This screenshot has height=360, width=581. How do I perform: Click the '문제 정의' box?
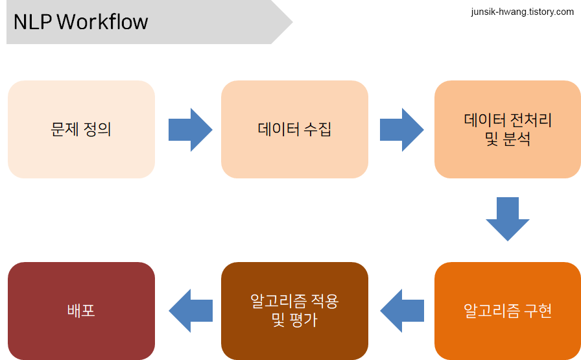pyautogui.click(x=81, y=129)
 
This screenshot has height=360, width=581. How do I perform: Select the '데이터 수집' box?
pyautogui.click(x=294, y=129)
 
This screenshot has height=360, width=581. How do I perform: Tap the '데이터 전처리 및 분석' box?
pyautogui.click(x=507, y=129)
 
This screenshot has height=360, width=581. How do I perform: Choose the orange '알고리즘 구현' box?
pyautogui.click(x=507, y=311)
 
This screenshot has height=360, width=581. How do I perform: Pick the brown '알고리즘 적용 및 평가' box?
pyautogui.click(x=294, y=311)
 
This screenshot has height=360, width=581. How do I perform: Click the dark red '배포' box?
pyautogui.click(x=81, y=311)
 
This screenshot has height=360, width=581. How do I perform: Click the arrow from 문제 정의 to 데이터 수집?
pyautogui.click(x=191, y=130)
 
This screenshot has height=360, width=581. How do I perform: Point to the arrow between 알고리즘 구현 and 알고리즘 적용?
pyautogui.click(x=402, y=311)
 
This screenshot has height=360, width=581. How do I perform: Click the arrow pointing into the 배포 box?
pyautogui.click(x=191, y=311)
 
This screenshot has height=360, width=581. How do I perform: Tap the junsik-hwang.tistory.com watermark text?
pyautogui.click(x=522, y=12)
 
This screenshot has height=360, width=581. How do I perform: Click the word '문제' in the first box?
pyautogui.click(x=64, y=129)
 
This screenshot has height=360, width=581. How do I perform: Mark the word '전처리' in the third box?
pyautogui.click(x=532, y=120)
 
